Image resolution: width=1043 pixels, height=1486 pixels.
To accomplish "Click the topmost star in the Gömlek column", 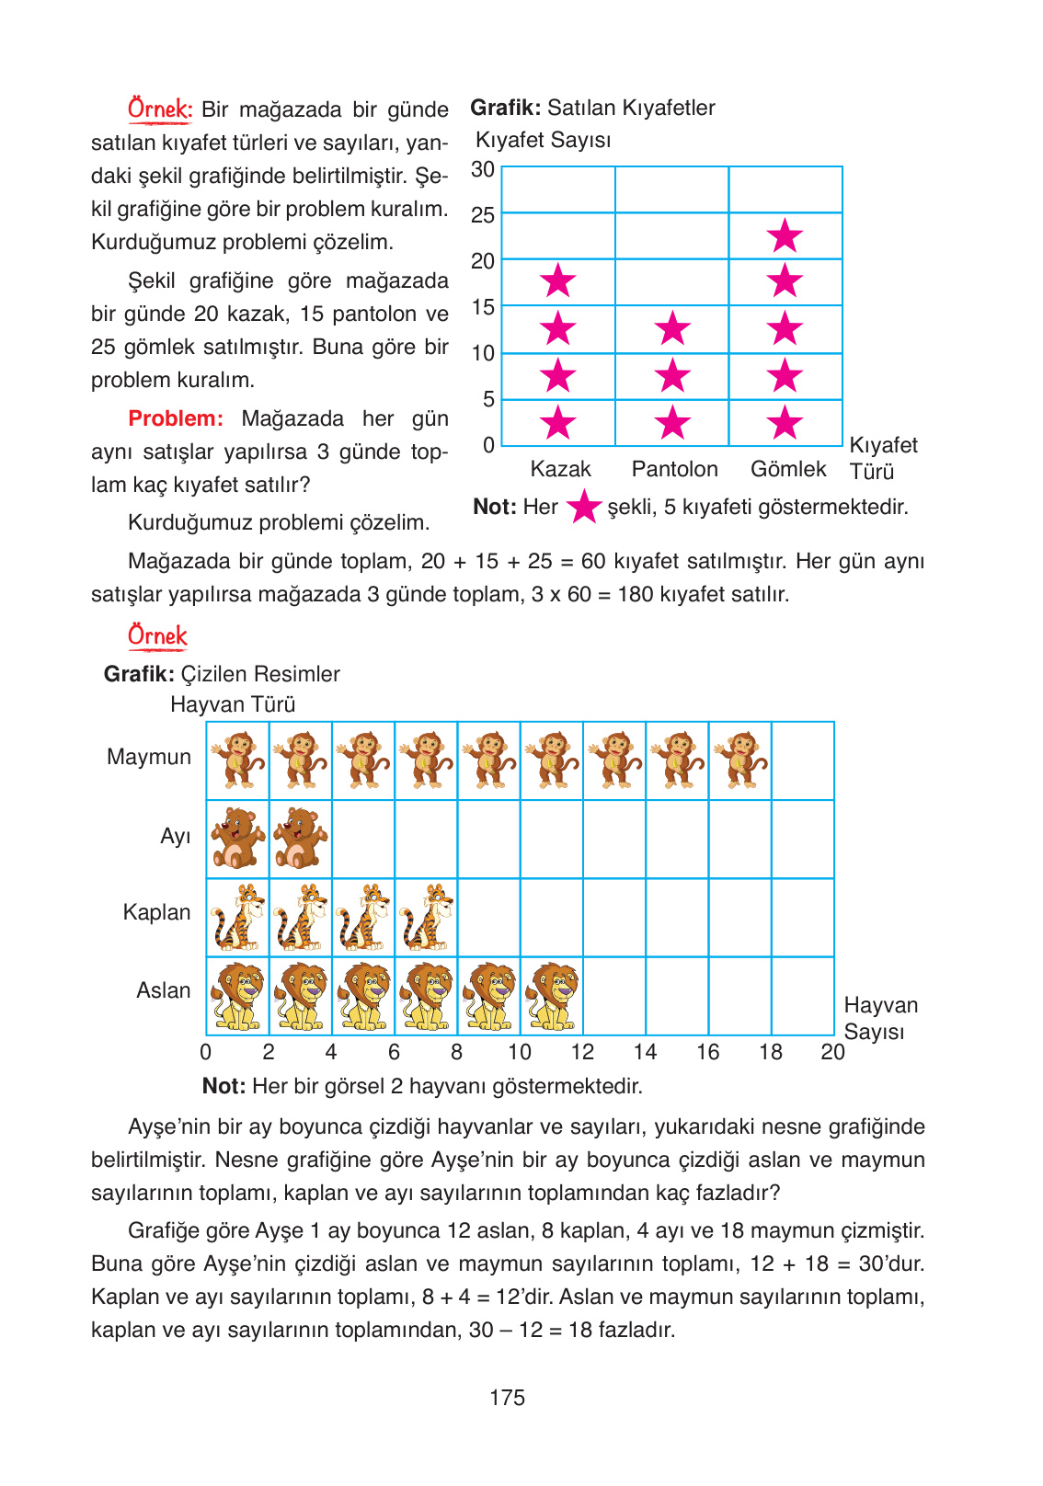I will (785, 236).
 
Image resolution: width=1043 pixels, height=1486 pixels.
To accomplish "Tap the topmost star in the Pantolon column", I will (673, 328).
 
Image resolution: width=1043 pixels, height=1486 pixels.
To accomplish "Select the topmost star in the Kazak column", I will (558, 281).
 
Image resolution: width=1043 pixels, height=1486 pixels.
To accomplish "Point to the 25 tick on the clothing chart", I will (483, 216).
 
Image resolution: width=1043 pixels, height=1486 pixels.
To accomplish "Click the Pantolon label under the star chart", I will (674, 469).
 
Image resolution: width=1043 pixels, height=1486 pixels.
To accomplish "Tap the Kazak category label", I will (560, 469).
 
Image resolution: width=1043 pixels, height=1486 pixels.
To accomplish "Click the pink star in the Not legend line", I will (583, 507).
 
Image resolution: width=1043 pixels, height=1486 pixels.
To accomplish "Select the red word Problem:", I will (176, 418).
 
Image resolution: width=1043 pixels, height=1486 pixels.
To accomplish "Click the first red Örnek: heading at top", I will (159, 109).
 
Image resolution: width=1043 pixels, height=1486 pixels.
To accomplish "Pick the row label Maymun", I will (149, 757).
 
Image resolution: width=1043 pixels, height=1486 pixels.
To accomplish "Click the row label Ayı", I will (175, 836).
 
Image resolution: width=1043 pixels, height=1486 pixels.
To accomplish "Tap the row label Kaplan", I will (156, 912).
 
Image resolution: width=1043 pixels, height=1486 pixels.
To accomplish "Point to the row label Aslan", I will (163, 990).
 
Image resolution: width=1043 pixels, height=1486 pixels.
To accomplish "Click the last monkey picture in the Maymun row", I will (740, 760).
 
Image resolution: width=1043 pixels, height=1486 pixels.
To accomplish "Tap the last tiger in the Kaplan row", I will (426, 917).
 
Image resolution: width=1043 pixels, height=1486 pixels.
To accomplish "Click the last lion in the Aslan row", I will (552, 996).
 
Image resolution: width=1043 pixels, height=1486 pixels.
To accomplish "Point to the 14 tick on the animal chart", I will (645, 1052).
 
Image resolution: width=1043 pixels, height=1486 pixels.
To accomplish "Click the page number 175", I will (507, 1398).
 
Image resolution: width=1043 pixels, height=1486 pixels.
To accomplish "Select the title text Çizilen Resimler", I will (260, 674).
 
